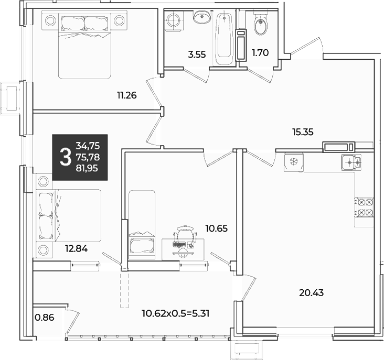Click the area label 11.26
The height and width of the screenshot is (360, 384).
tap(126, 95)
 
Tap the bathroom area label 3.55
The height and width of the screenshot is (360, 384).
tap(197, 54)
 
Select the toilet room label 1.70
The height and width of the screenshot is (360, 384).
tap(260, 52)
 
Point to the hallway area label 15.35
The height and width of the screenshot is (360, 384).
tap(303, 132)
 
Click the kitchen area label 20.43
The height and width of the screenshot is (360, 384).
tap(311, 292)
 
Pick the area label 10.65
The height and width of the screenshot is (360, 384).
tap(216, 228)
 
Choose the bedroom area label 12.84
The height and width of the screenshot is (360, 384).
tap(76, 249)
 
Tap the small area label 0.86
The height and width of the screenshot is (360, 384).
tap(44, 318)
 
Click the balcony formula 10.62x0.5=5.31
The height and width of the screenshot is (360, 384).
tap(176, 313)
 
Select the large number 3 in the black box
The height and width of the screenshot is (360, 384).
tap(66, 157)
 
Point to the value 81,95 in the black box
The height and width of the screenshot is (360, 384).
tap(87, 168)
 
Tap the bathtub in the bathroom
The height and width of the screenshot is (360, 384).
tap(224, 39)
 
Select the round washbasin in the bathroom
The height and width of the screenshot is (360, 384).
tap(202, 17)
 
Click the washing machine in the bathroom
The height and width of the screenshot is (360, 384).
tap(174, 21)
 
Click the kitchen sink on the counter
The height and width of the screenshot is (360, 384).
tap(351, 162)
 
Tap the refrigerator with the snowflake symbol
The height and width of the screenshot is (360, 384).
tap(294, 162)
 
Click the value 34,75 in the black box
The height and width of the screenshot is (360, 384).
tap(88, 146)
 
